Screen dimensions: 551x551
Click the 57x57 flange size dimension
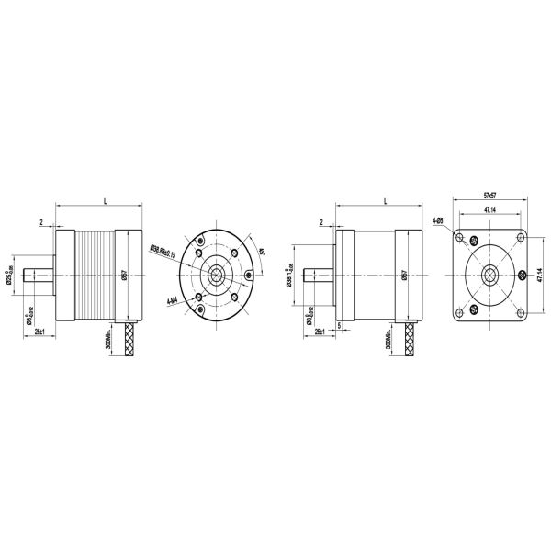coord(489,196)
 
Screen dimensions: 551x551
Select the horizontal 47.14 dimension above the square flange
coord(489,210)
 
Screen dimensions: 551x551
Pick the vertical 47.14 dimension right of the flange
coord(539,275)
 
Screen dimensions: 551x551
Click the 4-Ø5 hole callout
coord(438,220)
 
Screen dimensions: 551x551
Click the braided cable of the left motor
coord(130,341)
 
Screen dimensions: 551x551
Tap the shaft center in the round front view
coord(217,275)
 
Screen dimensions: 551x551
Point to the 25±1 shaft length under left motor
coord(40,331)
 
